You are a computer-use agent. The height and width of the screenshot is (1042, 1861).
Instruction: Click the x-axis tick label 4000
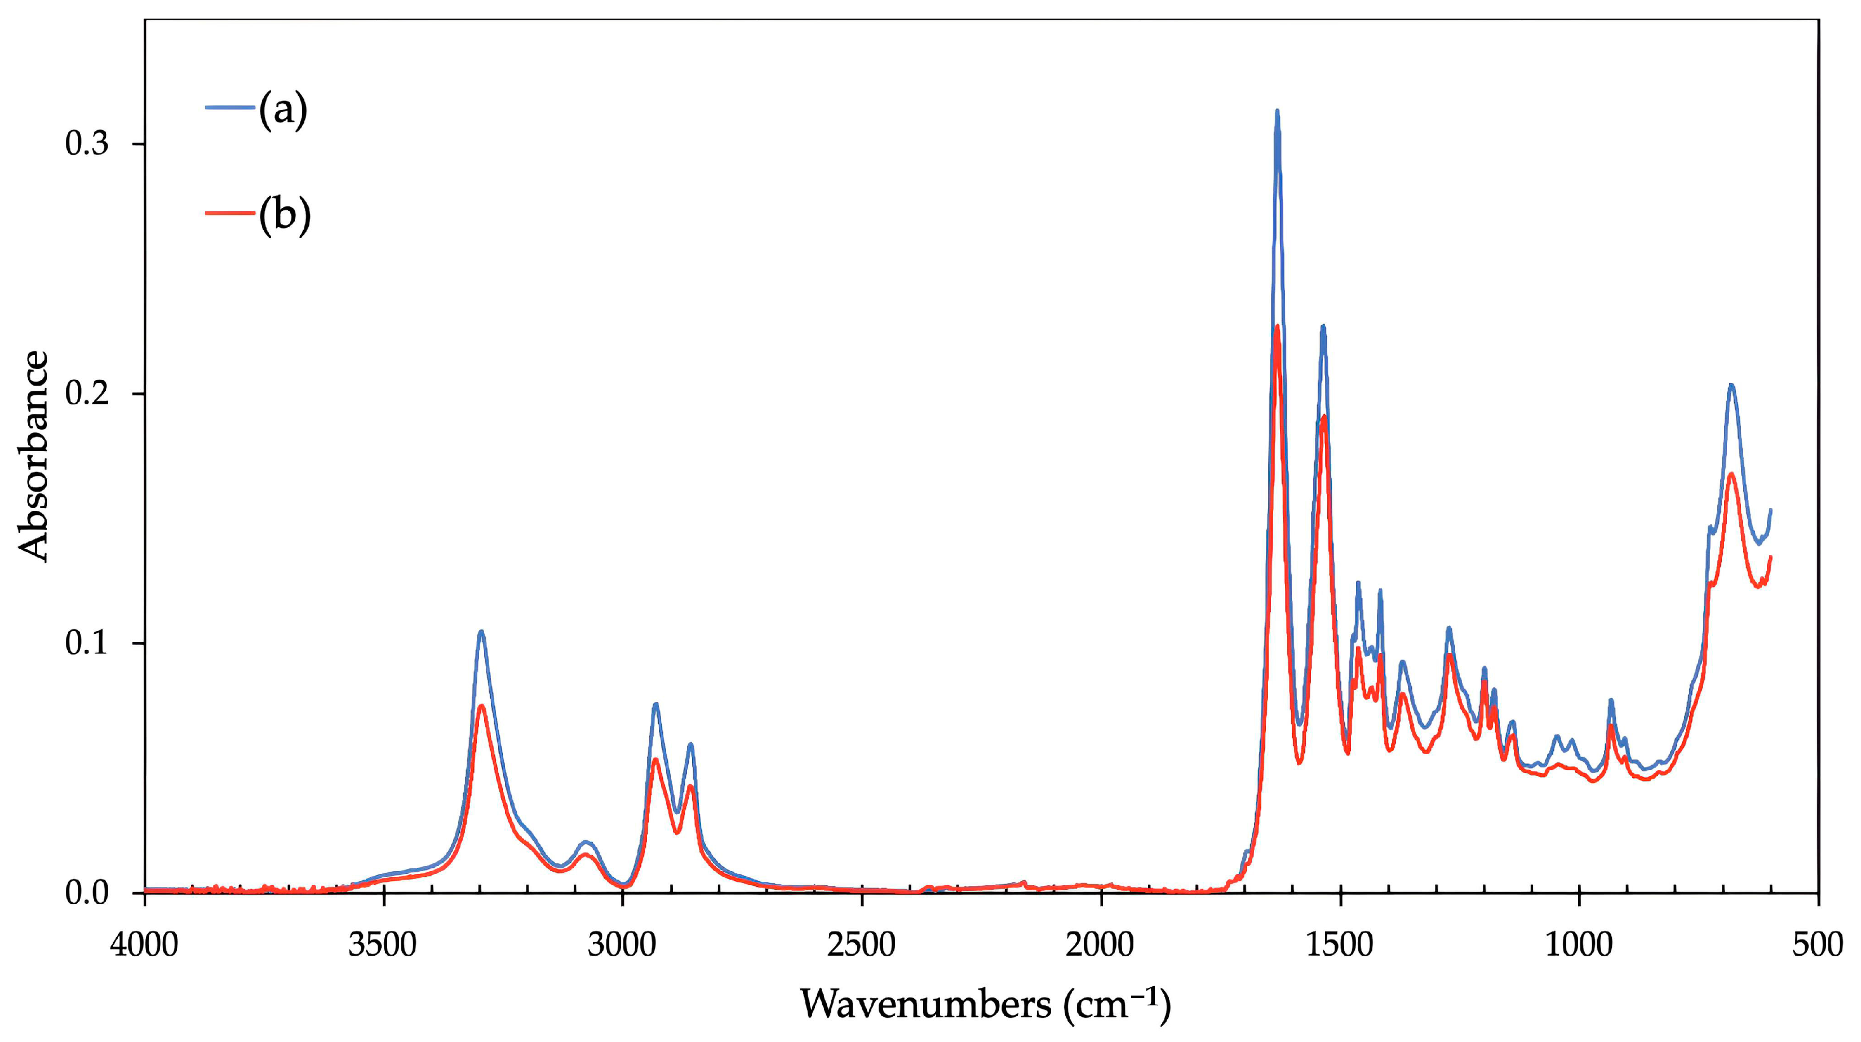click(144, 944)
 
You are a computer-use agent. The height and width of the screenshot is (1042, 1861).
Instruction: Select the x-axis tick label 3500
click(383, 944)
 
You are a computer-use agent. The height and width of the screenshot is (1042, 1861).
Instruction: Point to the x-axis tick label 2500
click(862, 944)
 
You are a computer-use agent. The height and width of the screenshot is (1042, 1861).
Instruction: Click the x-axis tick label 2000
click(1100, 944)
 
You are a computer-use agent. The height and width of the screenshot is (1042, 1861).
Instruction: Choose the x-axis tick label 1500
click(1340, 944)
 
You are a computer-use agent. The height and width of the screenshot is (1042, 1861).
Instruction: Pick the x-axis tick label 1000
click(1579, 944)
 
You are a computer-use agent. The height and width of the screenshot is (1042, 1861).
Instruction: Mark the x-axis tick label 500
click(1818, 944)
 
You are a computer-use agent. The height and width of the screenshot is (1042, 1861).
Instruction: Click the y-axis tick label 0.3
click(87, 144)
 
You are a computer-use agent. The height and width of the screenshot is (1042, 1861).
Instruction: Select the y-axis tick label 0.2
click(87, 394)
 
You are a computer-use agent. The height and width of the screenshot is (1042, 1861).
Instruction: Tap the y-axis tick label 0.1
click(87, 643)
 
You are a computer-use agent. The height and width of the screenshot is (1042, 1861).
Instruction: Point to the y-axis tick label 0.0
click(87, 893)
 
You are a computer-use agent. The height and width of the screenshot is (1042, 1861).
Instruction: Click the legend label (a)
click(283, 110)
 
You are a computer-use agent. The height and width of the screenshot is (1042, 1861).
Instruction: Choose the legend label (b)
click(285, 215)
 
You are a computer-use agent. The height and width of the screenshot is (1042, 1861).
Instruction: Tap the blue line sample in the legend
click(231, 107)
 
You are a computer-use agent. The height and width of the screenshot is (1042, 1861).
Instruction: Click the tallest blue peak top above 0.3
click(1277, 112)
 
